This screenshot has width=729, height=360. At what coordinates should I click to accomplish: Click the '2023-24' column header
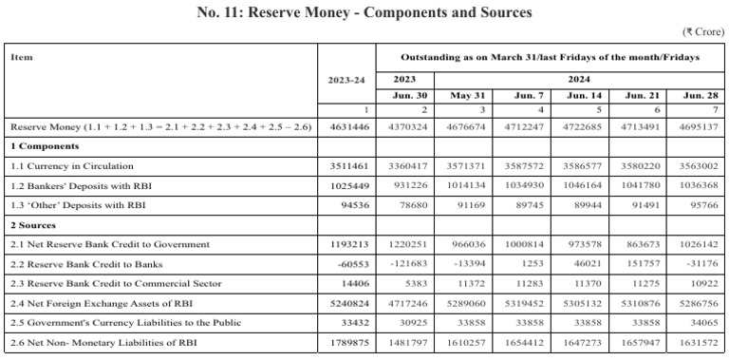346,80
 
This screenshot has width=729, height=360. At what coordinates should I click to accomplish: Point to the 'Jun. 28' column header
698,96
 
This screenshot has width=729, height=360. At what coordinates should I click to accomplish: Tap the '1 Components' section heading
45,146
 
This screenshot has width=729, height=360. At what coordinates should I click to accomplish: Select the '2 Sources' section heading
35,226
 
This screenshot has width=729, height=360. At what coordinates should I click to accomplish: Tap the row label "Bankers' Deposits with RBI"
79,185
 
